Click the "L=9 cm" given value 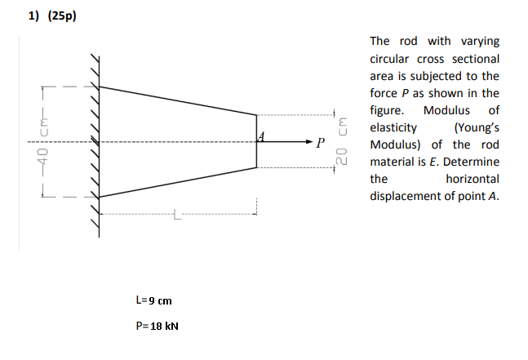[153, 301]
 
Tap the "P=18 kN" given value [157, 327]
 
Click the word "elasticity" [393, 127]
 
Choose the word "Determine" [472, 162]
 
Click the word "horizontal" [473, 179]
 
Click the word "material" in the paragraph [394, 162]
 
